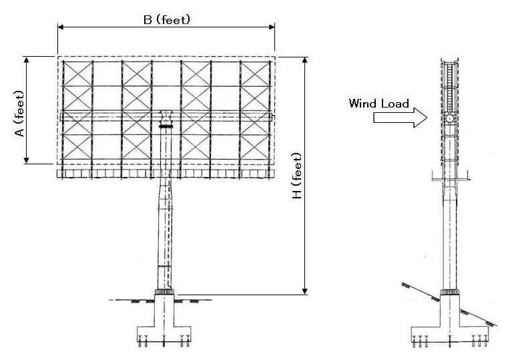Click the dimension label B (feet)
(x=167, y=19)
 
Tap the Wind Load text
(x=378, y=104)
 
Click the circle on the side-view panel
(x=450, y=119)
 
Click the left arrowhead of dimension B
(x=61, y=27)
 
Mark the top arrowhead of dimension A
(x=27, y=60)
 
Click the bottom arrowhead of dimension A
(x=27, y=160)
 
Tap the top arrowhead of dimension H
(x=306, y=61)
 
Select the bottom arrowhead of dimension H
(x=306, y=291)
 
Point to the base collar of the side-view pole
(x=450, y=292)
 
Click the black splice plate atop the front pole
(x=166, y=126)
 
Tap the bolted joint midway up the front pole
(x=164, y=266)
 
